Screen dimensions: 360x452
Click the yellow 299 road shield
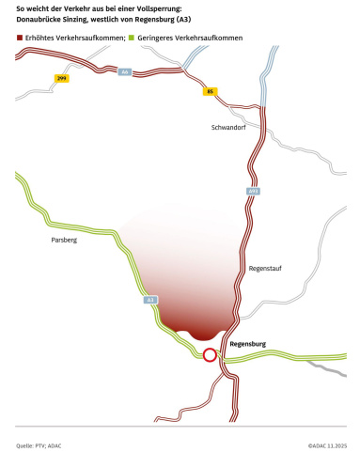click(x=61, y=78)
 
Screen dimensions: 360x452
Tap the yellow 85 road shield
click(x=210, y=91)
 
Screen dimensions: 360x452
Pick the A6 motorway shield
click(x=124, y=71)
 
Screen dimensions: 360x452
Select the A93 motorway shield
click(x=252, y=191)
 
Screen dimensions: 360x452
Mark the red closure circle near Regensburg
click(x=210, y=355)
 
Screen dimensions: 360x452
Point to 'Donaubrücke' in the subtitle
click(x=41, y=20)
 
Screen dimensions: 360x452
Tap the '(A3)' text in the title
click(x=184, y=20)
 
